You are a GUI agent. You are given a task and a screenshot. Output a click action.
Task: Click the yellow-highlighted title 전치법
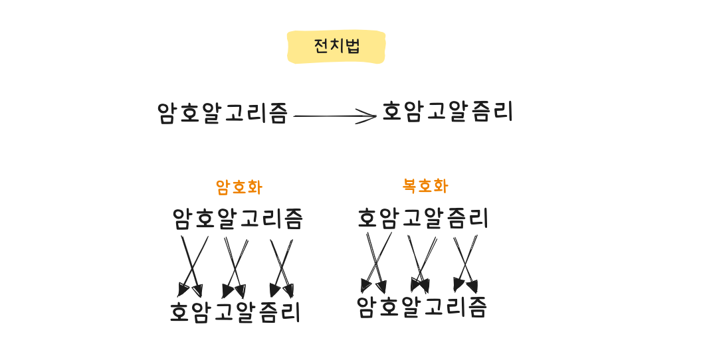(x=337, y=46)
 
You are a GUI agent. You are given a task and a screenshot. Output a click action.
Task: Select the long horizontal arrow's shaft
(x=335, y=116)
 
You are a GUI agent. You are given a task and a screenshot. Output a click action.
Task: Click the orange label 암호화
(x=239, y=187)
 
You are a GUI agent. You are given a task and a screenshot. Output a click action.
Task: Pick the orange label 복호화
(x=425, y=186)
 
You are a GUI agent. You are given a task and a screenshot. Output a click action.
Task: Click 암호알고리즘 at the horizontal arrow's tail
(x=223, y=113)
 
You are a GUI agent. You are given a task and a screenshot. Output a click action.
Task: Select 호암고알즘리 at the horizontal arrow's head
(x=447, y=112)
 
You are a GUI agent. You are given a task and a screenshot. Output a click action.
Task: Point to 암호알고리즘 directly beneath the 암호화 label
(x=237, y=219)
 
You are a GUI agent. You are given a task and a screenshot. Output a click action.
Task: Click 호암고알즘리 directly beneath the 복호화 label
(x=423, y=218)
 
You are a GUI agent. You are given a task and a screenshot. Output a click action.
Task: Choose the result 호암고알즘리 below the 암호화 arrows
(x=235, y=312)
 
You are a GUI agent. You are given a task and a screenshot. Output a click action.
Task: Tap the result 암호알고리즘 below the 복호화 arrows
(x=421, y=307)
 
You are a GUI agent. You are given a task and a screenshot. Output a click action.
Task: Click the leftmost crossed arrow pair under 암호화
(x=192, y=267)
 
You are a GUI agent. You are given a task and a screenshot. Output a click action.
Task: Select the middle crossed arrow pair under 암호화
(x=236, y=268)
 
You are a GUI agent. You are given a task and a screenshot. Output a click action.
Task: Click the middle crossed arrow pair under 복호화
(x=421, y=264)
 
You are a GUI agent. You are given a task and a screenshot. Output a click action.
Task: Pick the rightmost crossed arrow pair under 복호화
(x=466, y=264)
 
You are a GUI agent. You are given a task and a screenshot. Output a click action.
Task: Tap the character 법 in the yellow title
(x=352, y=46)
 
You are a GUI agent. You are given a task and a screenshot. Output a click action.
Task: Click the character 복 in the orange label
(x=410, y=186)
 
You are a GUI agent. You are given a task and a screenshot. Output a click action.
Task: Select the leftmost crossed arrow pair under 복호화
(x=376, y=263)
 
